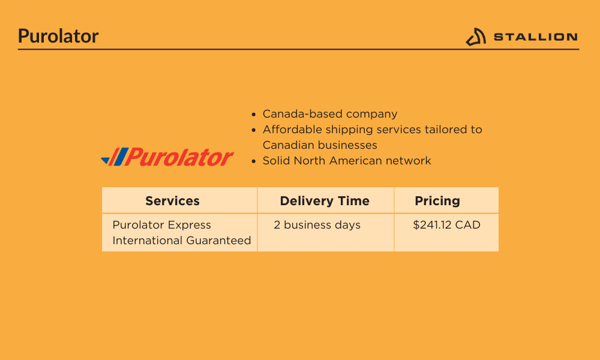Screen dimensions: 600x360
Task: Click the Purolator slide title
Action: [58, 36]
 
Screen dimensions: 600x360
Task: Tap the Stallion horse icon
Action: [476, 37]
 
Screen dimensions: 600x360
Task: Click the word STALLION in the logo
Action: [536, 37]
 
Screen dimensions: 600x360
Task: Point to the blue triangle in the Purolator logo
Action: [106, 160]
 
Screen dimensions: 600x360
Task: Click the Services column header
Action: [172, 201]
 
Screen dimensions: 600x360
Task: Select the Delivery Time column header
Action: [325, 201]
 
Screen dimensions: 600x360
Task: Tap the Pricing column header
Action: [437, 201]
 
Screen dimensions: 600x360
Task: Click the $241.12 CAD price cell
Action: [446, 225]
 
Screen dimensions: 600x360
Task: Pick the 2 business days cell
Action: [317, 225]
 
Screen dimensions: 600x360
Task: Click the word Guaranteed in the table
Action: [219, 241]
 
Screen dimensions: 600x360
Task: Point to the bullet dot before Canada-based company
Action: [253, 115]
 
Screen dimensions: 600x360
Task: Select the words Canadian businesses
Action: [320, 145]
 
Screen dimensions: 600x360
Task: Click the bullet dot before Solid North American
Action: [253, 161]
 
